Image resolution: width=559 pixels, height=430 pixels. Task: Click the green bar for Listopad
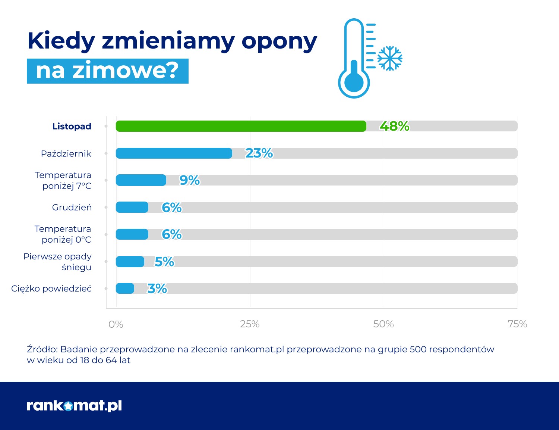tap(241, 126)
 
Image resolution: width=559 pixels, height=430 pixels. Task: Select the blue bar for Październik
tap(174, 153)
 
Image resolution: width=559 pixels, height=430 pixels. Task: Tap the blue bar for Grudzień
tap(132, 207)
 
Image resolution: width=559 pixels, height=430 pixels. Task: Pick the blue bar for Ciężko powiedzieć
tap(125, 289)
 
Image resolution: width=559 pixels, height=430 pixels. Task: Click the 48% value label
tap(394, 126)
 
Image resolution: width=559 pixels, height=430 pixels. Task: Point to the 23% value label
tap(259, 153)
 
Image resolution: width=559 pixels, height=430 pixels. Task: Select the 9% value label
tap(189, 180)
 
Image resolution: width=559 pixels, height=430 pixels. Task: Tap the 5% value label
tap(164, 262)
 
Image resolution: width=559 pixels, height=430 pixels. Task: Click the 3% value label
tap(157, 289)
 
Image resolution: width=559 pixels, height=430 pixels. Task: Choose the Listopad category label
tap(72, 127)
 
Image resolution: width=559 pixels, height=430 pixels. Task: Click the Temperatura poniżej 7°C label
tap(63, 181)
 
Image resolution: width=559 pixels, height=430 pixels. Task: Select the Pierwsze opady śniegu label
tap(57, 262)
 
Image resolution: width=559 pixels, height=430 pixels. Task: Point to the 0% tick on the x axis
tap(116, 324)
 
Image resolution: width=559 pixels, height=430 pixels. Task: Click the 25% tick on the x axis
tap(250, 324)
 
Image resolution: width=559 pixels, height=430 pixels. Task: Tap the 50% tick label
tap(383, 324)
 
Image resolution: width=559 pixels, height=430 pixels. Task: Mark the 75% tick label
tap(517, 324)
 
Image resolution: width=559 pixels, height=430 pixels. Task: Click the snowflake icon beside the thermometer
tap(390, 58)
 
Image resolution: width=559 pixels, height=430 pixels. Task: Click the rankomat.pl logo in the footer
tap(74, 406)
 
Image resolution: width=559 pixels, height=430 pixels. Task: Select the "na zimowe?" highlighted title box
tap(108, 71)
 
